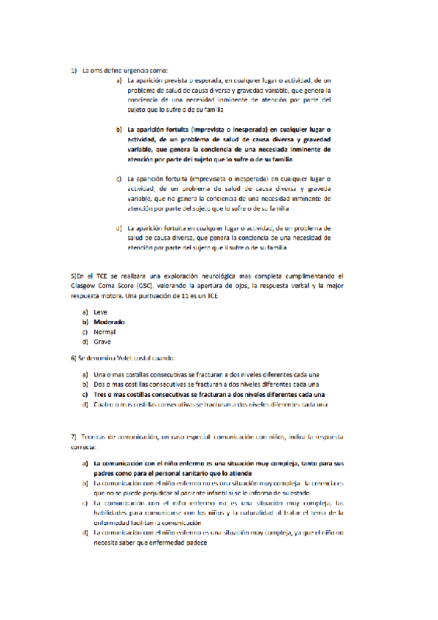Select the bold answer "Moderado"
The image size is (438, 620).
(x=109, y=322)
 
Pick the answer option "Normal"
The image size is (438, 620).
(x=105, y=331)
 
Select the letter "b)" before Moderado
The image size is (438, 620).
(x=84, y=322)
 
